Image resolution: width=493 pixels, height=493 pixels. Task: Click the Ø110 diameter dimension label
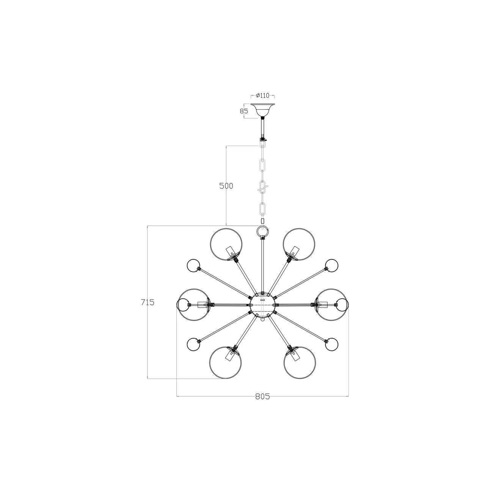(262, 96)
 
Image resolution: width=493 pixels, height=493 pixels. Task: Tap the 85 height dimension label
(244, 111)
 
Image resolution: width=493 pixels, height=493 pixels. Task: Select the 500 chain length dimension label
(226, 186)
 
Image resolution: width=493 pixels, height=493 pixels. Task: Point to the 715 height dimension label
(148, 302)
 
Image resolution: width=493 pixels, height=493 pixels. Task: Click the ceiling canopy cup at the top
(262, 110)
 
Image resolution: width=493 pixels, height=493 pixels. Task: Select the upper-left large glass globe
(226, 244)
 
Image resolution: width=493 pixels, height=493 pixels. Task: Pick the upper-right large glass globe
(299, 244)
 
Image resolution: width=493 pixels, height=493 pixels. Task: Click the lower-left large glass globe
(225, 363)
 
